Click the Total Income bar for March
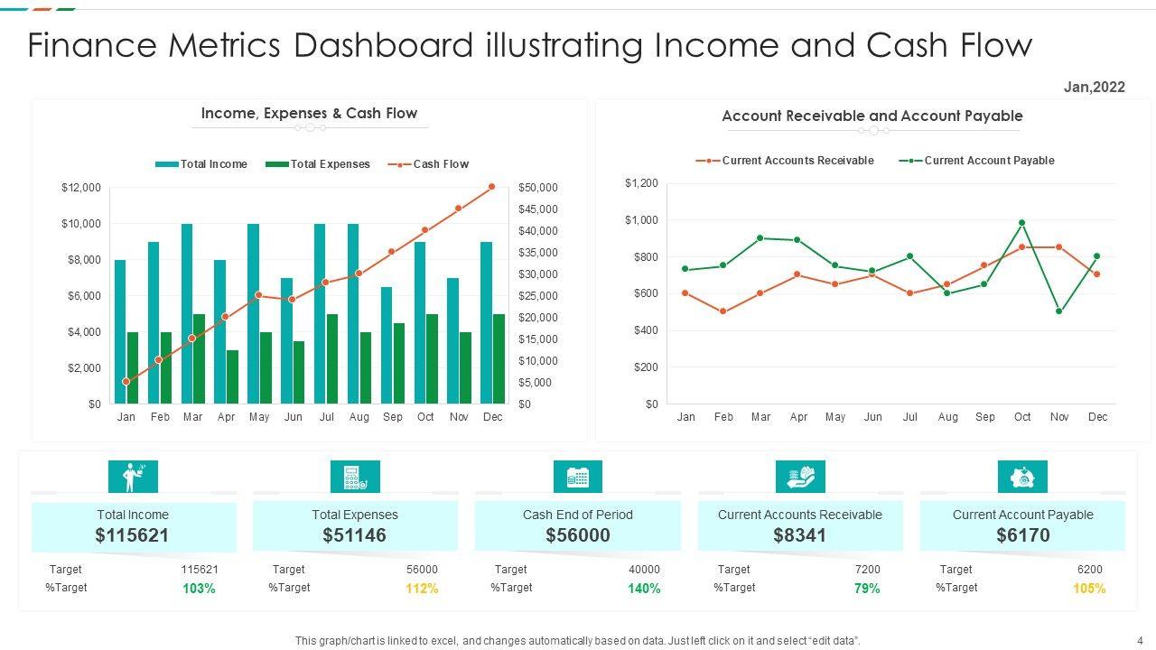(187, 313)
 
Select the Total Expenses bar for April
(232, 376)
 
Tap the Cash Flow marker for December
(492, 187)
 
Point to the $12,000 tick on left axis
(81, 188)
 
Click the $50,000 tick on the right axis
(538, 188)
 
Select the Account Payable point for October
(1022, 222)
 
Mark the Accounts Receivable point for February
(723, 311)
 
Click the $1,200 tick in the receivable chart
(641, 183)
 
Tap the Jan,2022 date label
(1095, 88)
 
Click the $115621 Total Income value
(133, 535)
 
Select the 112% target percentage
(421, 589)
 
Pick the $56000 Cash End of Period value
(578, 535)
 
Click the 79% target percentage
(867, 589)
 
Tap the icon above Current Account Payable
(1022, 477)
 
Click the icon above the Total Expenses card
(355, 477)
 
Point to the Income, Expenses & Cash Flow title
(309, 114)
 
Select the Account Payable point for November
(1059, 311)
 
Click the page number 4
(1140, 640)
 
